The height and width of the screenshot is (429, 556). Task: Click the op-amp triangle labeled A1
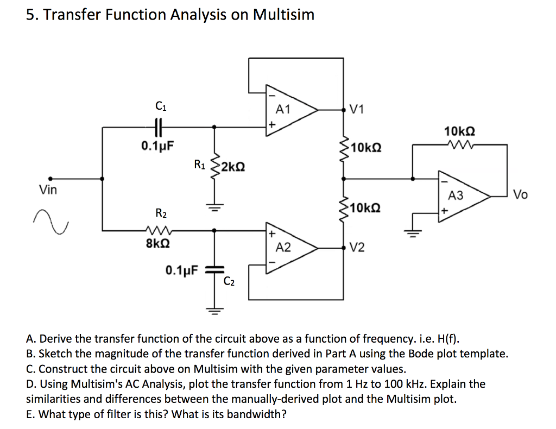(x=288, y=110)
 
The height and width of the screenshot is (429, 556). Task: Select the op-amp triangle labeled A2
(x=288, y=248)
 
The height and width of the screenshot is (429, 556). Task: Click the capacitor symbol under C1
(x=159, y=127)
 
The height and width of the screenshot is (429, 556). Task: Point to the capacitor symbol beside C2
(x=216, y=269)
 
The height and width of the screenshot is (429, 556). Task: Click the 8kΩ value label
(x=156, y=243)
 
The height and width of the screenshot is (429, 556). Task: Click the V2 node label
(x=357, y=248)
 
